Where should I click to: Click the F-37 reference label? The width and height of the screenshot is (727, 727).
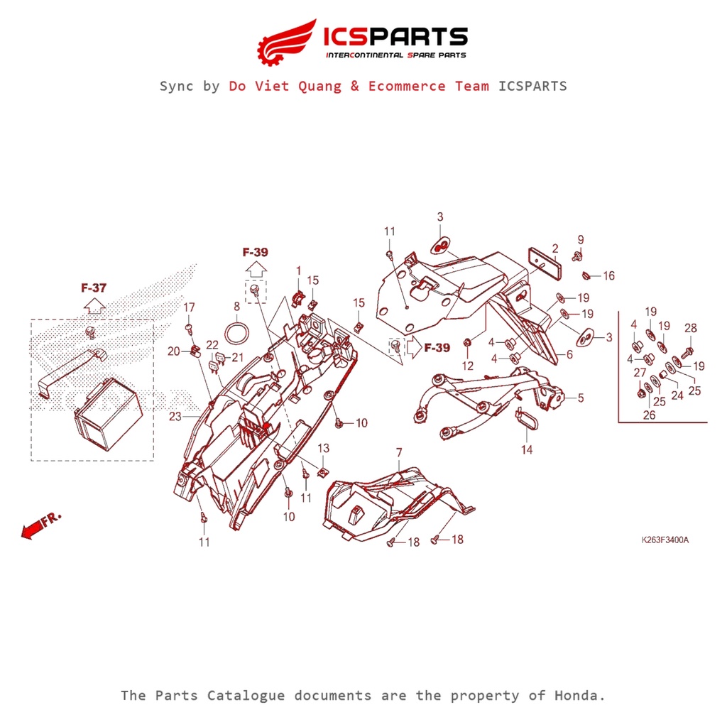click(x=94, y=288)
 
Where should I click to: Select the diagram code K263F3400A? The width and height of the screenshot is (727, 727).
click(x=665, y=540)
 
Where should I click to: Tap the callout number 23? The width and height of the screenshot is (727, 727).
click(x=175, y=417)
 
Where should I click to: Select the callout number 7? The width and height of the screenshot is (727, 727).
click(x=399, y=452)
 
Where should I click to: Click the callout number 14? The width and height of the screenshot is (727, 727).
click(x=527, y=449)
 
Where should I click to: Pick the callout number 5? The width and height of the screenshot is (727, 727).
click(x=581, y=398)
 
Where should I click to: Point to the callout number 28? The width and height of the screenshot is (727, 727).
click(x=691, y=328)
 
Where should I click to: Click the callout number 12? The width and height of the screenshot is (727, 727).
click(x=467, y=366)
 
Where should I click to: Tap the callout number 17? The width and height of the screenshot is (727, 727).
click(x=189, y=307)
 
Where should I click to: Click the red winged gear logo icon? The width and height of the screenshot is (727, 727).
click(x=286, y=41)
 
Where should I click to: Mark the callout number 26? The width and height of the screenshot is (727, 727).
click(x=649, y=415)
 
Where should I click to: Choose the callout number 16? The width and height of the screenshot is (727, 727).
click(x=608, y=276)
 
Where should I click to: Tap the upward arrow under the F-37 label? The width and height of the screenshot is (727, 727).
click(x=94, y=306)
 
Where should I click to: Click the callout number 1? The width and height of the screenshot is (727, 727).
click(x=298, y=270)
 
